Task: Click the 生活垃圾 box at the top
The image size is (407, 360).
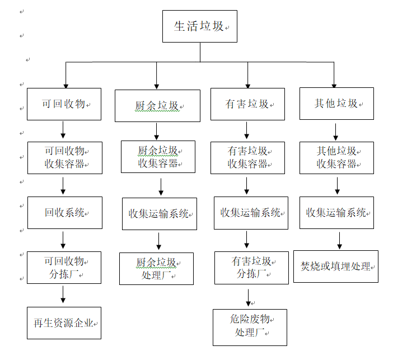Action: click(200, 26)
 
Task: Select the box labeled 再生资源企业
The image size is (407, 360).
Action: click(64, 323)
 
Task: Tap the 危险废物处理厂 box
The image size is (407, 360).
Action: click(250, 327)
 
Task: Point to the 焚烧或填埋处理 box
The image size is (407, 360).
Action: click(336, 267)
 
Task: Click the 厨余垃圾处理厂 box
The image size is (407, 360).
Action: click(156, 269)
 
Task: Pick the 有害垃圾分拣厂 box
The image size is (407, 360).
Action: click(251, 268)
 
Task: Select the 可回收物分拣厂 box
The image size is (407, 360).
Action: click(64, 268)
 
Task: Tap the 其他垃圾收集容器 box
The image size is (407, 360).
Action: click(336, 157)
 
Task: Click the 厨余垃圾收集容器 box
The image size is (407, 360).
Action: click(158, 157)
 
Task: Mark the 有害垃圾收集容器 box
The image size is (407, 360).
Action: click(247, 157)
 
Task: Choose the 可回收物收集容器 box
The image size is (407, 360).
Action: click(64, 157)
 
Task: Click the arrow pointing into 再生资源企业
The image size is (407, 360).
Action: click(63, 295)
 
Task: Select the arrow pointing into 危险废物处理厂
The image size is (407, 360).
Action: click(248, 297)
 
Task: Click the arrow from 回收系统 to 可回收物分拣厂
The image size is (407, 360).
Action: click(63, 240)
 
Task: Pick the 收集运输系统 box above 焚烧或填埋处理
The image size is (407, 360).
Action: click(336, 213)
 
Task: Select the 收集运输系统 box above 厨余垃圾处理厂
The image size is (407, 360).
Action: click(160, 213)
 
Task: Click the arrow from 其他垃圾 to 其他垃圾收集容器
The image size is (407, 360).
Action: click(336, 131)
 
